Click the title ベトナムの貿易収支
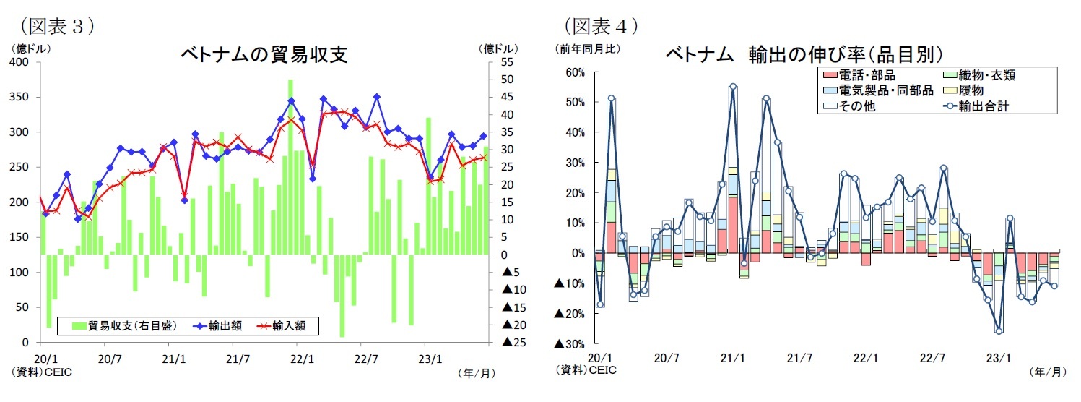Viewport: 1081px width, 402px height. coord(264,56)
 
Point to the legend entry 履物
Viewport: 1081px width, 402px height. coord(971,91)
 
